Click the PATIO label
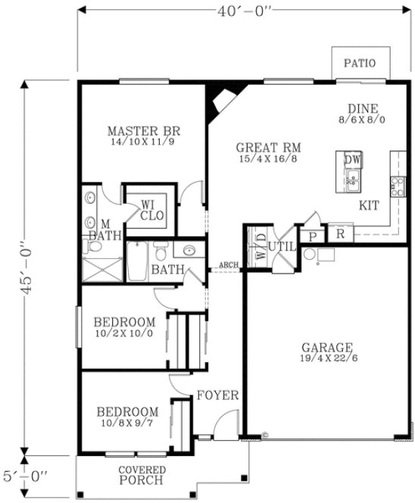coord(359,62)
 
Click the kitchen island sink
coord(352,180)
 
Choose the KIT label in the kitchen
coord(369,205)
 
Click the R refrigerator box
coord(341,234)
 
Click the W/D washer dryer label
coord(261,246)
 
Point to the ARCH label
coord(228,265)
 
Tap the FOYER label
coord(218,395)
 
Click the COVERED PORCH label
coord(142,475)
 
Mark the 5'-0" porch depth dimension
coord(26,476)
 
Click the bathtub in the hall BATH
coord(139,261)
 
